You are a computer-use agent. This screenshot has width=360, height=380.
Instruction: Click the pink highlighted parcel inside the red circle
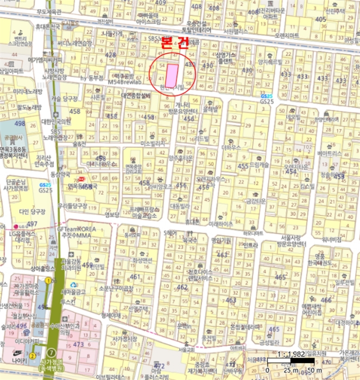(172, 75)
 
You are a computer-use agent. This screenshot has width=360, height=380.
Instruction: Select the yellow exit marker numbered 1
(48, 280)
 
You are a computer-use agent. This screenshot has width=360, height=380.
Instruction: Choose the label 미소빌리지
(152, 144)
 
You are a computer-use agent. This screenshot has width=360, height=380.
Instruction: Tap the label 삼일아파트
(11, 71)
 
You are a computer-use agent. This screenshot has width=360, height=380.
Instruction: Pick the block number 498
(20, 124)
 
